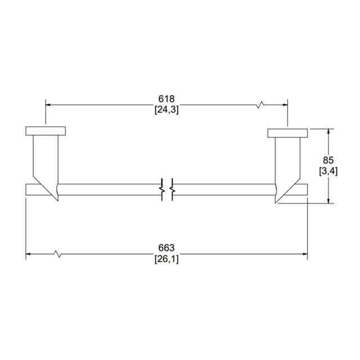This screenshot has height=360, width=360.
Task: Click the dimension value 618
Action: pos(166,99)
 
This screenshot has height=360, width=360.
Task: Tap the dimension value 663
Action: pos(166,247)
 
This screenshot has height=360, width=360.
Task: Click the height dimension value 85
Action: pos(328,160)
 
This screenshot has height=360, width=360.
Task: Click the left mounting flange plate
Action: pos(46,131)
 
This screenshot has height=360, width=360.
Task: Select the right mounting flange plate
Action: pos(287,133)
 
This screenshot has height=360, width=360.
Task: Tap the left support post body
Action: pos(46,161)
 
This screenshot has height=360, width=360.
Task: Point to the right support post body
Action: pos(287,163)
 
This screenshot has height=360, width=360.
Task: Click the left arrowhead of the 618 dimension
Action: pos(48,105)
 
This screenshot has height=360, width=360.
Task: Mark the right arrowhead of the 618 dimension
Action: pos(285,105)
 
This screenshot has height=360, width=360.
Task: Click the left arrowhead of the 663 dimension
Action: pos(28,254)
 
